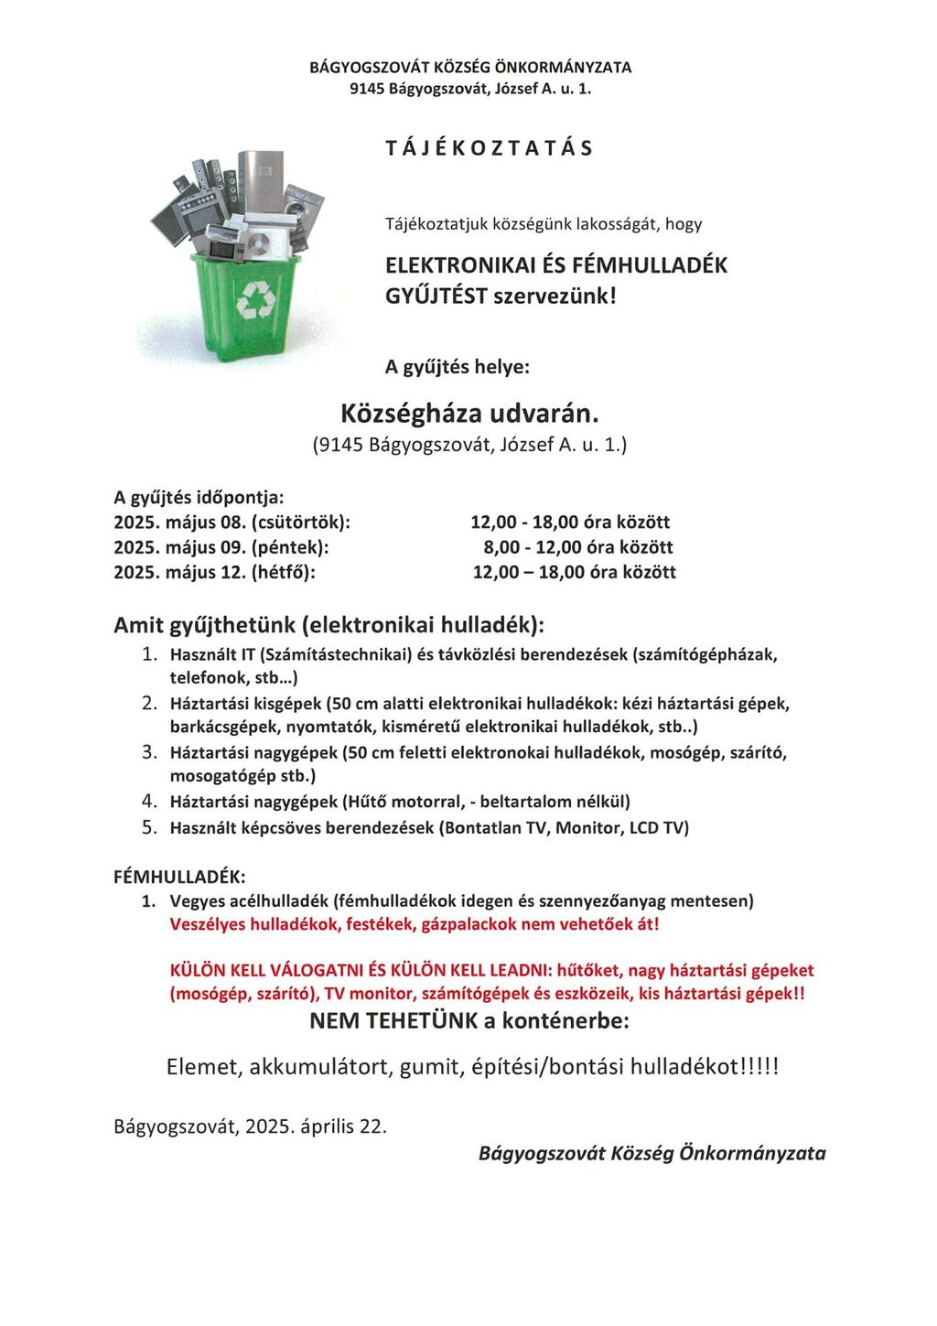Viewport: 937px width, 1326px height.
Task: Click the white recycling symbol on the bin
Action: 254,300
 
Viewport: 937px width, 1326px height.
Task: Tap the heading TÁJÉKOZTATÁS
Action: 490,148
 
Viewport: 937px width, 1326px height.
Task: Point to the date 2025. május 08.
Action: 180,523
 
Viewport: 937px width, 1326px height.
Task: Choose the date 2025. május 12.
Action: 180,572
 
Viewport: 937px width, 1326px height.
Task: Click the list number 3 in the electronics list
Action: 150,752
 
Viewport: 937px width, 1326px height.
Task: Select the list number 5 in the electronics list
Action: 150,827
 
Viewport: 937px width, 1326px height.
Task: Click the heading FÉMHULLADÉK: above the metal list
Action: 179,877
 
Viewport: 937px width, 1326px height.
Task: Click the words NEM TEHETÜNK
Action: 393,1021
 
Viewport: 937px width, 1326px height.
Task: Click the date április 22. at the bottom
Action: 343,1126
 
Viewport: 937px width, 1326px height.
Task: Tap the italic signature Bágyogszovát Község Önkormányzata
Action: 652,1153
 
